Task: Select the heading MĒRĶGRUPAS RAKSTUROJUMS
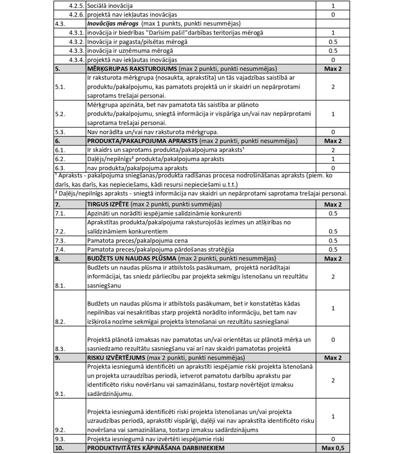[132, 69]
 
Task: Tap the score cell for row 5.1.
[333, 87]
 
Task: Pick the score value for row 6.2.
[333, 159]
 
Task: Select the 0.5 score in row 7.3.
[333, 240]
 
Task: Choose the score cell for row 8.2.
[333, 308]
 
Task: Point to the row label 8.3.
[60, 348]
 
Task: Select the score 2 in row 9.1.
[333, 380]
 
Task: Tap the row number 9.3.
[60, 439]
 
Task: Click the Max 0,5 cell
[333, 448]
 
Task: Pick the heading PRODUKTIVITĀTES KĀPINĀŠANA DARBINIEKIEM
[156, 448]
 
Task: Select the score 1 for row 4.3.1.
[333, 33]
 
